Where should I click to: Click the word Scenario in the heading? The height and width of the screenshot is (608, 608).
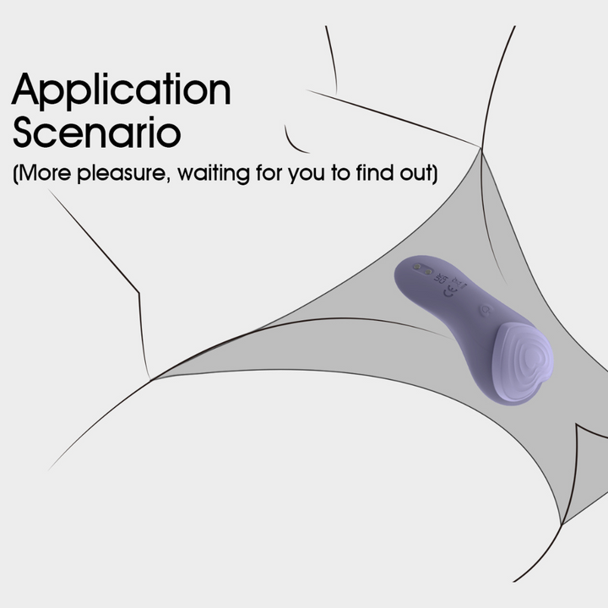97,132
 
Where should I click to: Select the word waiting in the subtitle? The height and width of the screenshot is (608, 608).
214,173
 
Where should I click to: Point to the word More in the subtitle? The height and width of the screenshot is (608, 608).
45,172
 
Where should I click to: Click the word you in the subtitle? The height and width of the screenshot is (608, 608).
307,174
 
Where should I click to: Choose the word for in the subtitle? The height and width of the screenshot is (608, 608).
269,172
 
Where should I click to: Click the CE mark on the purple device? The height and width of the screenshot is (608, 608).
449,290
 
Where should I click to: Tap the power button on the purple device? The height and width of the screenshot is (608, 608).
485,310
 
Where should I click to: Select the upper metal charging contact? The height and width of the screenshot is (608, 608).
417,266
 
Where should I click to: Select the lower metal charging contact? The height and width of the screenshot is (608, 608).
427,271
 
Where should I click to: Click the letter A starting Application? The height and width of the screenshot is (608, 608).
25,90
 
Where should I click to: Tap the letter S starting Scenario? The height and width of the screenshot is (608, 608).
22,133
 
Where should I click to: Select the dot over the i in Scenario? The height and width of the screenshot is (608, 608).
152,119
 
